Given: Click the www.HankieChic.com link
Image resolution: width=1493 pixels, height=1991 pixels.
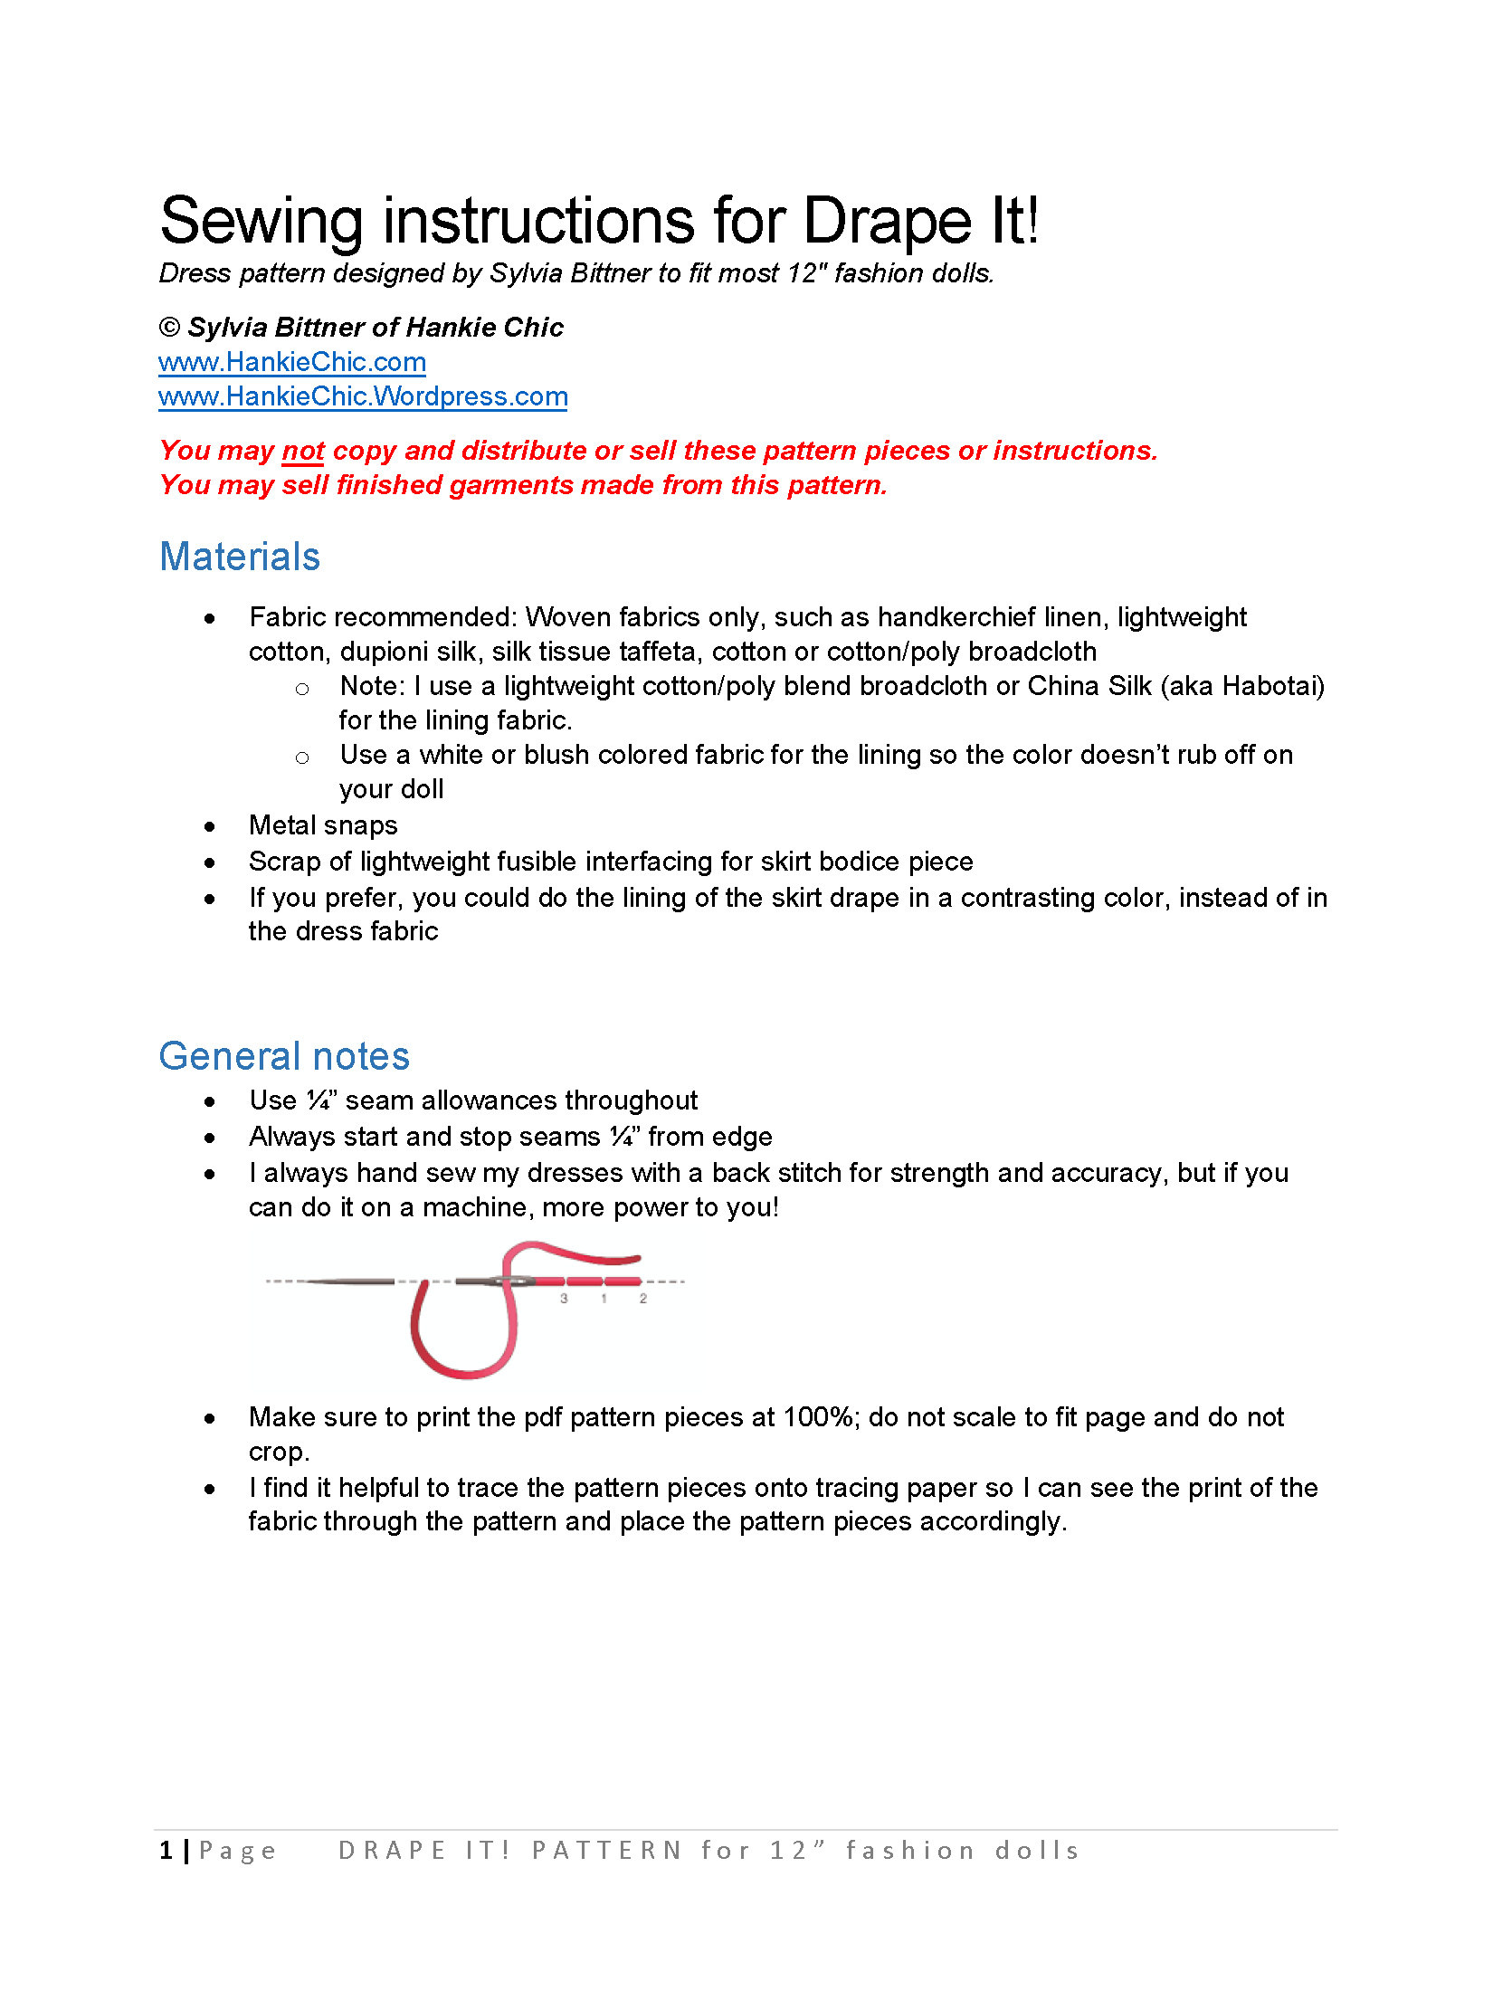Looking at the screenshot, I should (x=291, y=362).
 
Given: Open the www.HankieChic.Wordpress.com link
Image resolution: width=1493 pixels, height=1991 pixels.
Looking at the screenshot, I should (x=363, y=396).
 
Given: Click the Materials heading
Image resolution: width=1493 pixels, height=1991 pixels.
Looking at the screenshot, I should (x=240, y=557).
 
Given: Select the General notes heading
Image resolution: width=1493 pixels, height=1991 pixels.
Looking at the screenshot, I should (x=284, y=1056).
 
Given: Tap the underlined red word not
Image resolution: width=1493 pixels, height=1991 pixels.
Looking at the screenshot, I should (x=303, y=451).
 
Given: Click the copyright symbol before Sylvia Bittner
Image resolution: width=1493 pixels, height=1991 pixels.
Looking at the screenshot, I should (x=169, y=328).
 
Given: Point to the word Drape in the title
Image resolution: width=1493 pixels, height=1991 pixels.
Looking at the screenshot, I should (x=887, y=222).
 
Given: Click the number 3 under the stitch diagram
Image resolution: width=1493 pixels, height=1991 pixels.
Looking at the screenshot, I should (x=564, y=1299).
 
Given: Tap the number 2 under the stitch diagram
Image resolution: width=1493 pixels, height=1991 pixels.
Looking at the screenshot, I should (x=642, y=1299).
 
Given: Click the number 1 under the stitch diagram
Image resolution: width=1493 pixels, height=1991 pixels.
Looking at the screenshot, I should (x=604, y=1299).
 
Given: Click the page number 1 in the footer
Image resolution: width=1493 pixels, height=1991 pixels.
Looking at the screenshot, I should (x=166, y=1851).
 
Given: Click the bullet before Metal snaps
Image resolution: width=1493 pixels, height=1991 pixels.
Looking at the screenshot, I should (x=210, y=826).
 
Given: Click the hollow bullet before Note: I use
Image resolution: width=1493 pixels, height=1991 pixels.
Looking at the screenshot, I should (x=302, y=690).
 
